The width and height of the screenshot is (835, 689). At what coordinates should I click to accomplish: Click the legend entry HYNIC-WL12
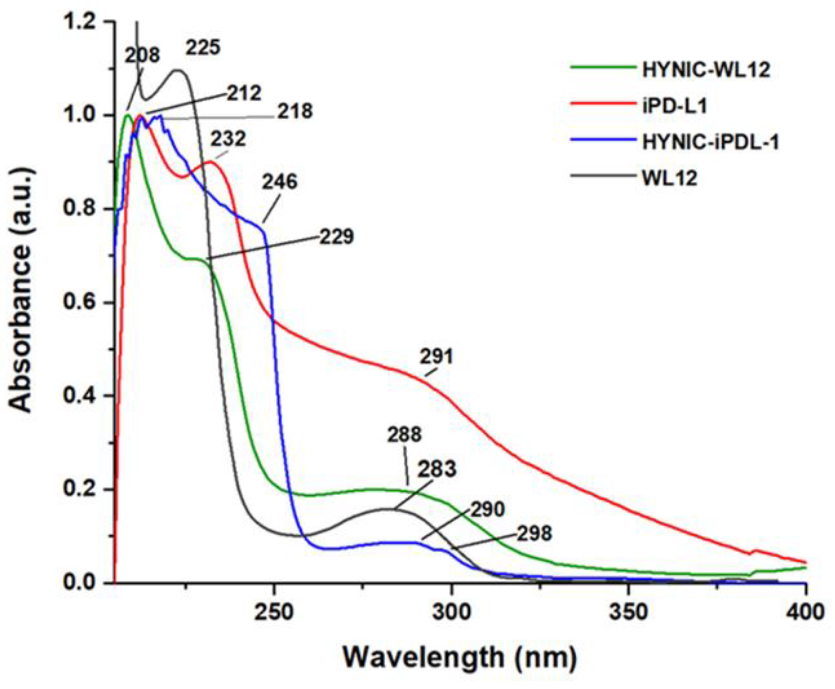click(706, 70)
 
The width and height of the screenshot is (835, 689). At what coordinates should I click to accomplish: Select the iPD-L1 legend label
click(675, 106)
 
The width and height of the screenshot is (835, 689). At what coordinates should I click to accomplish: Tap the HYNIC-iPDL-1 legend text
click(711, 142)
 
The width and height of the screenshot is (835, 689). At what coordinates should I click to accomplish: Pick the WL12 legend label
click(670, 178)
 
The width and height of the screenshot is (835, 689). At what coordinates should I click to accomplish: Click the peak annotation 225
click(203, 48)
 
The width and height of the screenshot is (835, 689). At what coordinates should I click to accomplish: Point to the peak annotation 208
click(142, 55)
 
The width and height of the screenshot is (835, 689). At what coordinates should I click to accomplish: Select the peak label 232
click(228, 139)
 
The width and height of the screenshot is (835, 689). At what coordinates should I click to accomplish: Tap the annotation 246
click(280, 182)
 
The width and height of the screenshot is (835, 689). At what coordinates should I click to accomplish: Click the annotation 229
click(337, 236)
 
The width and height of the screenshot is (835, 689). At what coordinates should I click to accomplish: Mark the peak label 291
click(436, 357)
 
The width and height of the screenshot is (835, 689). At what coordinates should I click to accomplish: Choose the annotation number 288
click(404, 435)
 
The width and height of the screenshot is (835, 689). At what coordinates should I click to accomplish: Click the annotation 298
click(534, 533)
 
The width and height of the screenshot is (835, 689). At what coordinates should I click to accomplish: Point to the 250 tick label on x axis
click(274, 612)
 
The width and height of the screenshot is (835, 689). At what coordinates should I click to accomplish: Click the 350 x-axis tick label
click(628, 612)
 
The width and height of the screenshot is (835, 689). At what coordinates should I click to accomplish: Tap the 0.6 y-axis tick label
click(80, 302)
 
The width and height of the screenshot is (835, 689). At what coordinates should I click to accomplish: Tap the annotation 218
click(295, 111)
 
